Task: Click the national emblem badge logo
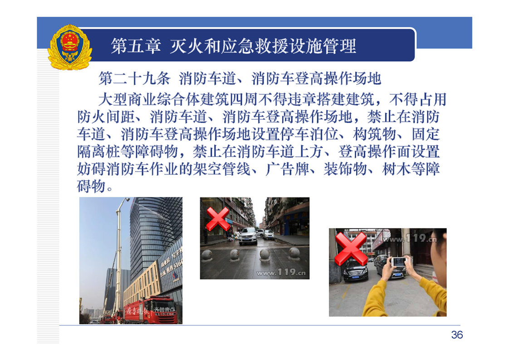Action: tap(70, 47)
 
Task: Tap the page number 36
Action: tap(457, 335)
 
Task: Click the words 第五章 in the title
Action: tap(136, 46)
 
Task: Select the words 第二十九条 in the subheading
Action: tap(134, 79)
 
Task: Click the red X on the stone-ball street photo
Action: tap(217, 219)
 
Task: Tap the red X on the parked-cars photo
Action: tap(351, 249)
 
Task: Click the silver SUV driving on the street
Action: tap(248, 236)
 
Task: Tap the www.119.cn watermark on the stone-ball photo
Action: tap(281, 272)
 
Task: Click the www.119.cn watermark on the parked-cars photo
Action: tap(410, 239)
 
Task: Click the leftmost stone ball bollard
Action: tap(207, 256)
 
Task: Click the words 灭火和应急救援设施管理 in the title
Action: tap(263, 46)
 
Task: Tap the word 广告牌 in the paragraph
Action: tap(287, 169)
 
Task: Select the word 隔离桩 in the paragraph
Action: tap(99, 152)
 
